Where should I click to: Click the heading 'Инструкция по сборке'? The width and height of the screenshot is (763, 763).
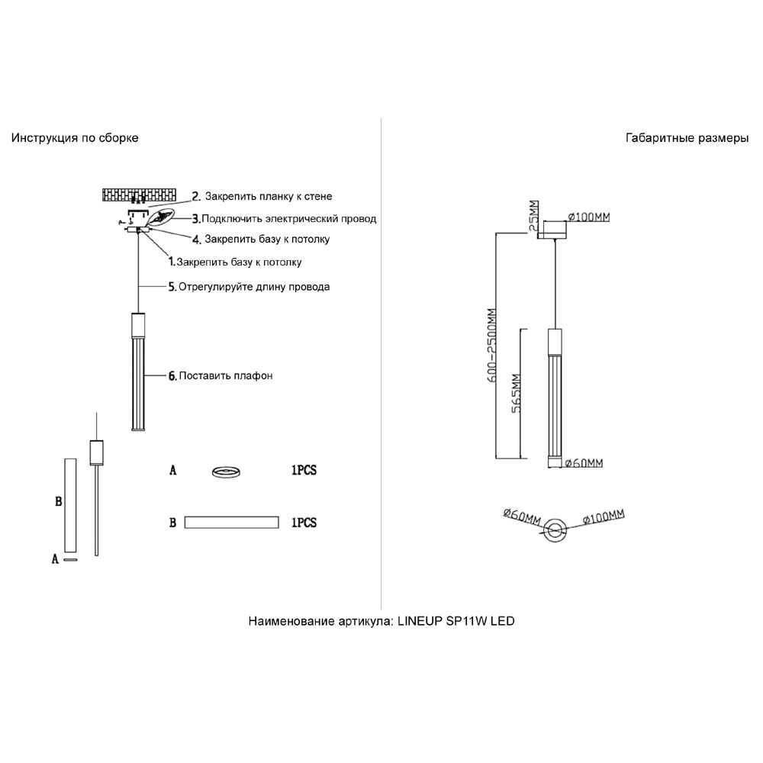75,138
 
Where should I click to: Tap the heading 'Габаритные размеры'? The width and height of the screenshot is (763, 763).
687,138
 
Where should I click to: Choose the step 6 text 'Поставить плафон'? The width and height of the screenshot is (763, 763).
226,375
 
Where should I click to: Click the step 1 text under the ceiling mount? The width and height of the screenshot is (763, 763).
239,262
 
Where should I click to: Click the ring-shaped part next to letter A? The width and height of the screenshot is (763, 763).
227,472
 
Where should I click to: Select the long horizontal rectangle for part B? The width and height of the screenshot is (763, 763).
232,523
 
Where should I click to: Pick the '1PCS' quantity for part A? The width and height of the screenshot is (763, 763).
304,472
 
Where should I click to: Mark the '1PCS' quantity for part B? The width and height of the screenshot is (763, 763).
304,523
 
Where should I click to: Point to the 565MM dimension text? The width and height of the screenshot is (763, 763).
516,393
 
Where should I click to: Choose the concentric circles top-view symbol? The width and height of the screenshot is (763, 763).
555,528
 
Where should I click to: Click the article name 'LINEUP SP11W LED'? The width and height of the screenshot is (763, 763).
456,621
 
